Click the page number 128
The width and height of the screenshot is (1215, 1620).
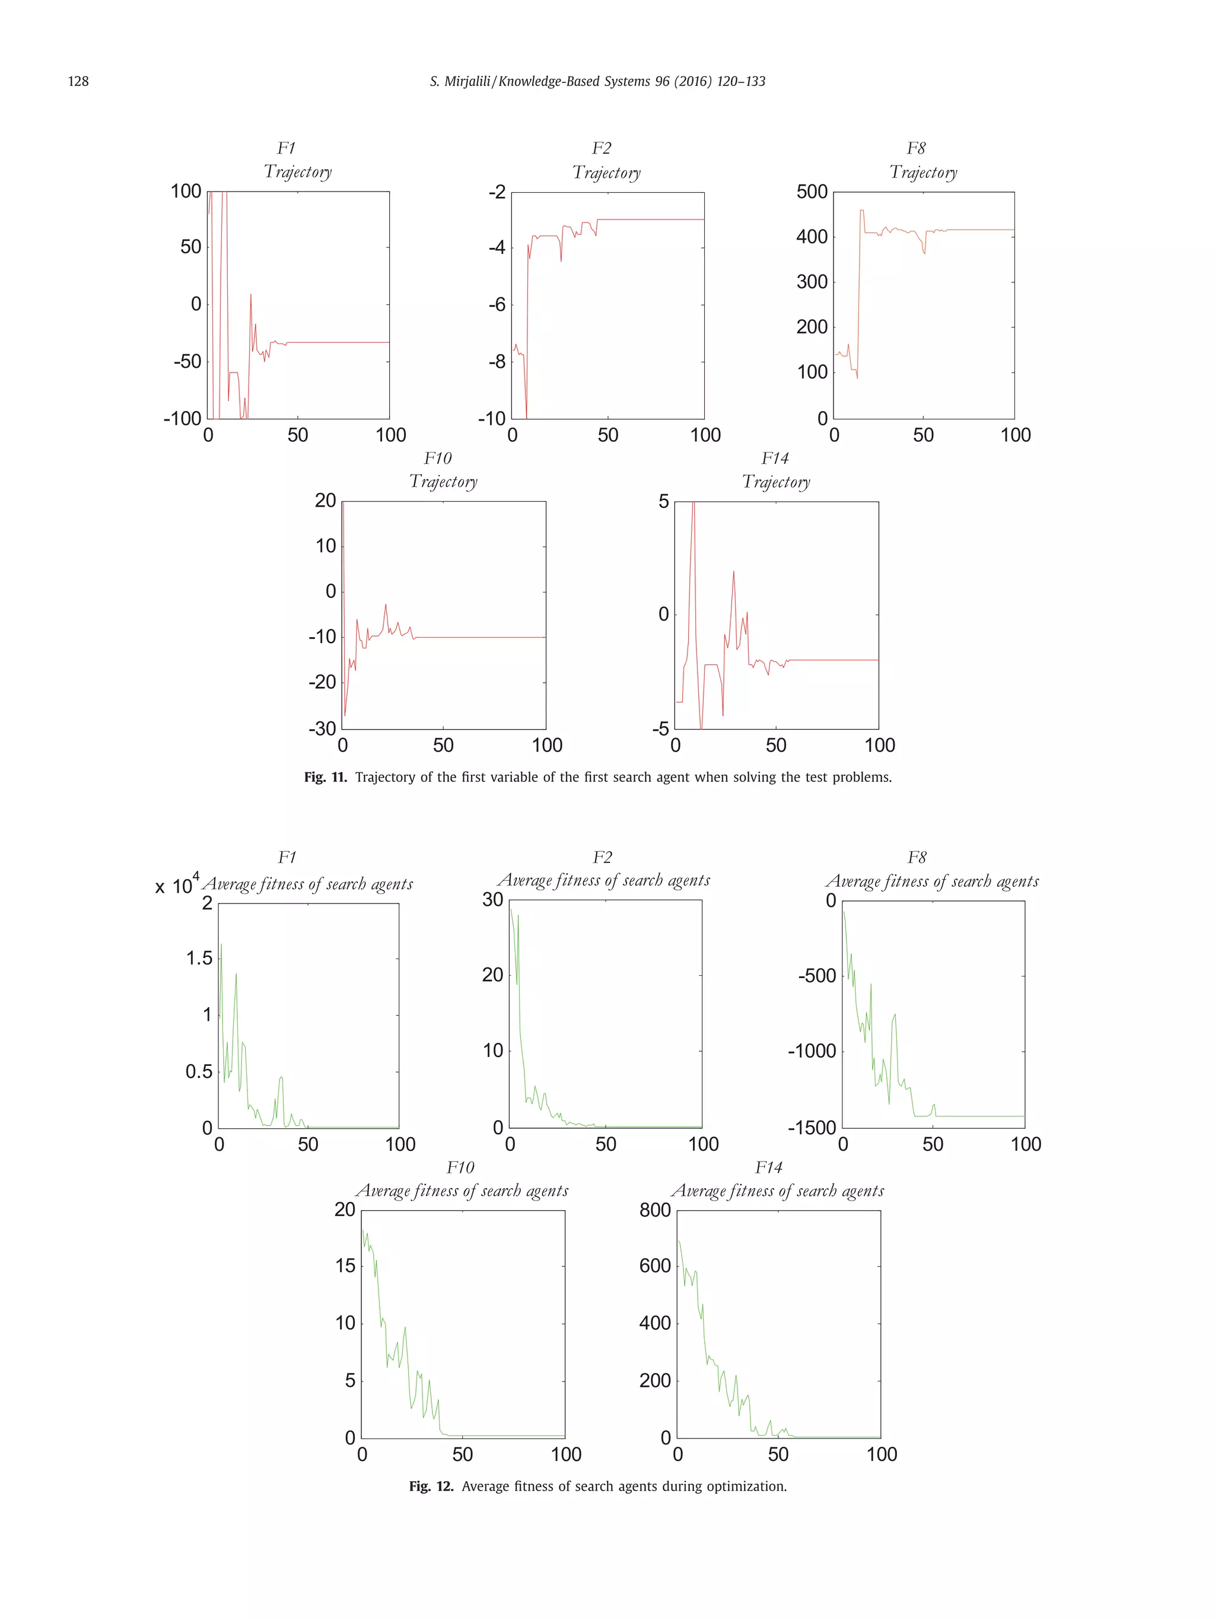(78, 81)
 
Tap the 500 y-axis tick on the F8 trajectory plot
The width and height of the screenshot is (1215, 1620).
(812, 192)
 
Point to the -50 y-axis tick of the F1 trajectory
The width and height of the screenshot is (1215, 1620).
(187, 361)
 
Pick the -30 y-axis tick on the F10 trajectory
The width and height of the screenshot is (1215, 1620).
(322, 728)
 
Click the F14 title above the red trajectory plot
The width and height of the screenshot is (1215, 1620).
(774, 459)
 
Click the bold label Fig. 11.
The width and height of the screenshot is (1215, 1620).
(325, 777)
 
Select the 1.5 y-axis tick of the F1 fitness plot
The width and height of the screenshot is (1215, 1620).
(199, 958)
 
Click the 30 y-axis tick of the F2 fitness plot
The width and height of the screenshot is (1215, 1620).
(492, 899)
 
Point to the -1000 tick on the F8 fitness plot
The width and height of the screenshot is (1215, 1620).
(812, 1051)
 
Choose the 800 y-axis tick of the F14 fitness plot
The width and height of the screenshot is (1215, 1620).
(655, 1210)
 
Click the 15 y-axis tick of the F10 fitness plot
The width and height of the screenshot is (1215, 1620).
(345, 1265)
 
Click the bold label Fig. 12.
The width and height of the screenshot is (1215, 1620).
(431, 1486)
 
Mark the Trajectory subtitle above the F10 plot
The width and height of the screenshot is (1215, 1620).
(443, 482)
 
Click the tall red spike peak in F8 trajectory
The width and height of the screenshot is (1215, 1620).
(861, 211)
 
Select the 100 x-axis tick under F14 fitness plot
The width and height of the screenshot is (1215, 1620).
(881, 1455)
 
